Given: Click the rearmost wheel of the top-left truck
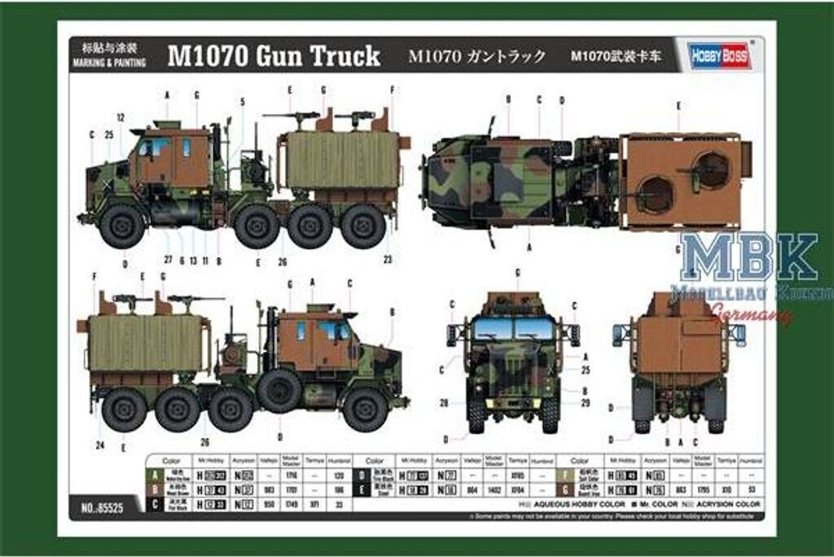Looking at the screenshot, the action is [x=363, y=225].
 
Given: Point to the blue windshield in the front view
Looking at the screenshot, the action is [x=512, y=328].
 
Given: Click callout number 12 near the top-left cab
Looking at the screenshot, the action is [x=120, y=117].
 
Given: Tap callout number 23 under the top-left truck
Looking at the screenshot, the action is [x=388, y=261].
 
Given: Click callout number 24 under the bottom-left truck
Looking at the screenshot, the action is [x=100, y=445].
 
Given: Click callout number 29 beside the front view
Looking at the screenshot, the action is [x=586, y=403].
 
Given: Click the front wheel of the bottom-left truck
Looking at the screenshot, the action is [x=365, y=409].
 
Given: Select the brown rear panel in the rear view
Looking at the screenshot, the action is [x=679, y=346].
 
